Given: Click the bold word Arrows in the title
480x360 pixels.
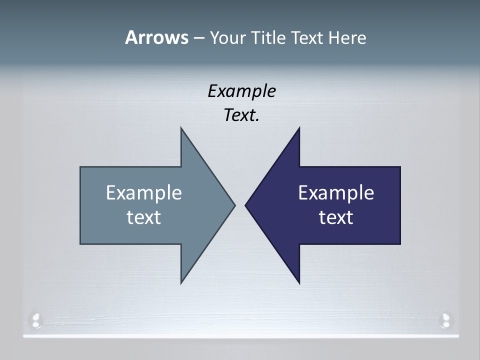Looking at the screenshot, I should [156, 37].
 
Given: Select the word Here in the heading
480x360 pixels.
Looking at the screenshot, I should [347, 37].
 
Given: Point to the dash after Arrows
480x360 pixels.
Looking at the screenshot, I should [198, 38].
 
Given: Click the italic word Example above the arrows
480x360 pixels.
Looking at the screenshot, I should [242, 91].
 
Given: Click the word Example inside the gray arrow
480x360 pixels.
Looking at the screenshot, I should [144, 193].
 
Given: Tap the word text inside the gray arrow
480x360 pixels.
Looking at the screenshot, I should [144, 217].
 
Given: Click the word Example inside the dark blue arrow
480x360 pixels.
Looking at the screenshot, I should [336, 193].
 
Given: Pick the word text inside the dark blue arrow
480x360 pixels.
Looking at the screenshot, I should [336, 217].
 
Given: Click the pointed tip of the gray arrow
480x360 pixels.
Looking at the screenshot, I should [234, 204].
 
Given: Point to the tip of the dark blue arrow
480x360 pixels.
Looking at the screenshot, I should [246, 204].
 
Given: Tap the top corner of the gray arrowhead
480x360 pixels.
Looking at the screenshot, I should [181, 129].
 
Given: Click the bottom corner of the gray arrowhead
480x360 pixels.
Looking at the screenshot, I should [181, 282].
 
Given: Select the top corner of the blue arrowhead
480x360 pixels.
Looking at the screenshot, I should [299, 129].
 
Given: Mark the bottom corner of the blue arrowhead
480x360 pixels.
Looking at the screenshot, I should [299, 282].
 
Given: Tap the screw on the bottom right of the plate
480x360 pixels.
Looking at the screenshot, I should [444, 319].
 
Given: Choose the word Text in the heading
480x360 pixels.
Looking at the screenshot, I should [307, 37].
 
